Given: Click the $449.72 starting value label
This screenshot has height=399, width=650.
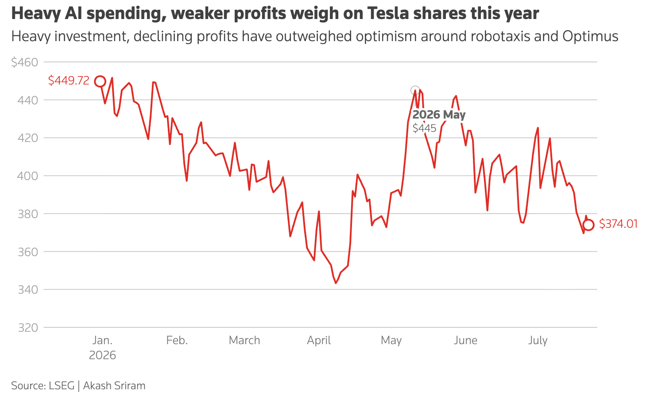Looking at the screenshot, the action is coord(69,81).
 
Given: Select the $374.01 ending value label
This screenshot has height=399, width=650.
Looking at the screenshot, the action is coord(618,224).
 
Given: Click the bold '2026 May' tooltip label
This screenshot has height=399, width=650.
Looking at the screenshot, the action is coord(439,115).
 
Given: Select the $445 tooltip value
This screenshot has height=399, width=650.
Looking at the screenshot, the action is coord(424,128).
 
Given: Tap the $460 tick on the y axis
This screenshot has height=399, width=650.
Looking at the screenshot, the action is coord(25,62).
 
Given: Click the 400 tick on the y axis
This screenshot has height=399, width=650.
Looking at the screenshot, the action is coord(27,176).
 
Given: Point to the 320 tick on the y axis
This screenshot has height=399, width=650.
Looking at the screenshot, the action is coord(28,328).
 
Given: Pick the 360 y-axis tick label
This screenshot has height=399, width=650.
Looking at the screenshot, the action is coord(28,252).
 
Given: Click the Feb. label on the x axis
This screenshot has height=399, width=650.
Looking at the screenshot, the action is coord(177,340).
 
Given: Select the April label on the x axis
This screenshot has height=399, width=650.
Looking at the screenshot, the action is coord(319,341).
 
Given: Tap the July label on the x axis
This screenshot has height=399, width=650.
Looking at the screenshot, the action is coord(538,341).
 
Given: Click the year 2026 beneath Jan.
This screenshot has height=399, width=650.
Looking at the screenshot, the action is coord(102,355).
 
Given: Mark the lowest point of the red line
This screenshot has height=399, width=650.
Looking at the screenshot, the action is coord(336,283).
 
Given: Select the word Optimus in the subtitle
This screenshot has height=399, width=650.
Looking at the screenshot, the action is coord(590,36).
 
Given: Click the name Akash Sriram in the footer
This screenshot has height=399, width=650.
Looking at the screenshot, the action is coord(114,386).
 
